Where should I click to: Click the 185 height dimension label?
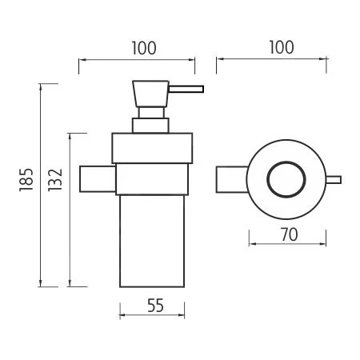click(x=26, y=179)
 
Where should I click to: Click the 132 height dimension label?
click(x=55, y=180)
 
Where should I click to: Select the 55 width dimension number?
click(x=155, y=306)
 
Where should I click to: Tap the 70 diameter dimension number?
click(x=290, y=234)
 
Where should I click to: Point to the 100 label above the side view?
click(x=144, y=48)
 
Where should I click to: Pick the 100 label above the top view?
click(x=282, y=47)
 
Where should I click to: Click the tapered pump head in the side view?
click(x=150, y=94)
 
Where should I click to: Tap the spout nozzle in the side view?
click(x=186, y=89)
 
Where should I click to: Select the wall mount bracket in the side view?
click(x=98, y=178)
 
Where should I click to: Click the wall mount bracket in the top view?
click(x=231, y=179)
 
